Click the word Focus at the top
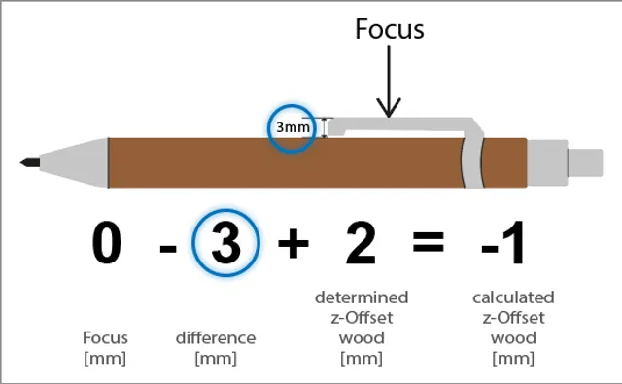[x=389, y=29]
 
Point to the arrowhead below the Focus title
[x=389, y=109]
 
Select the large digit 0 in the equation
[x=107, y=243]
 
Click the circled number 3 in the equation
[x=225, y=243]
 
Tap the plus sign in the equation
[x=293, y=244]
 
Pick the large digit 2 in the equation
[x=361, y=243]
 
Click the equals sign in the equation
[x=429, y=244]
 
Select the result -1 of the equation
[x=504, y=243]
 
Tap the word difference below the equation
[x=216, y=338]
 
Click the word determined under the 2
[x=362, y=297]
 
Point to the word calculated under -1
[x=513, y=297]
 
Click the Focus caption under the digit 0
[x=105, y=338]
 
